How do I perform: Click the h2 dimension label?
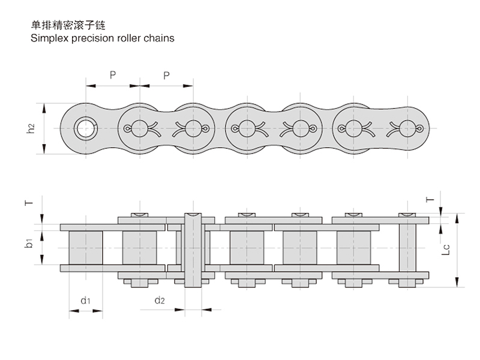pyautogui.click(x=31, y=128)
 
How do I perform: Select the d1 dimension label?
pyautogui.click(x=85, y=299)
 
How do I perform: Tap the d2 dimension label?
pyautogui.click(x=159, y=299)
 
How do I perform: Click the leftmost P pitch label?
pyautogui.click(x=112, y=75)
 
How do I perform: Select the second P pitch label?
pyautogui.click(x=166, y=75)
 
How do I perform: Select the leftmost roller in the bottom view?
pyautogui.click(x=86, y=246)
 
